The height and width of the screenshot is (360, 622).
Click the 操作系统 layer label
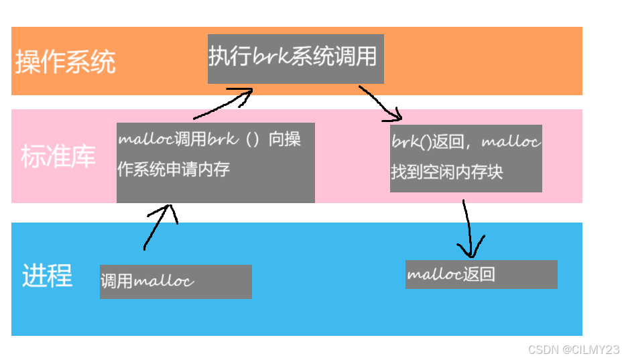66,62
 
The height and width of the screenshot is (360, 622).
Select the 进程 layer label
47,276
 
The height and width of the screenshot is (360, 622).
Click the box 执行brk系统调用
296,59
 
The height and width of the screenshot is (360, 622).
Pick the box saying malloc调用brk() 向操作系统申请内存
215,162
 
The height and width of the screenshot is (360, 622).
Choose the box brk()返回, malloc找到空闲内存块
466,158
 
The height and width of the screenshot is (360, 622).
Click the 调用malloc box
176,282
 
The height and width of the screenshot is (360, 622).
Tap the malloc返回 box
481,275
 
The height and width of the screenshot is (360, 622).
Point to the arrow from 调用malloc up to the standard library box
159,226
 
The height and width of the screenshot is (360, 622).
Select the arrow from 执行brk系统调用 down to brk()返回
381,103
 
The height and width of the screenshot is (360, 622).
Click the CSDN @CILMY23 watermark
574,349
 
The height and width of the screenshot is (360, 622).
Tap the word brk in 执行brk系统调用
271,57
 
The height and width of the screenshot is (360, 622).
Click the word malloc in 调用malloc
164,280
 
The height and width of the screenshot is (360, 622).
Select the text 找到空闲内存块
447,172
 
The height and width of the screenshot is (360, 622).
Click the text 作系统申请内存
174,169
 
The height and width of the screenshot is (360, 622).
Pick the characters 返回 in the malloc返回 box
479,275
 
